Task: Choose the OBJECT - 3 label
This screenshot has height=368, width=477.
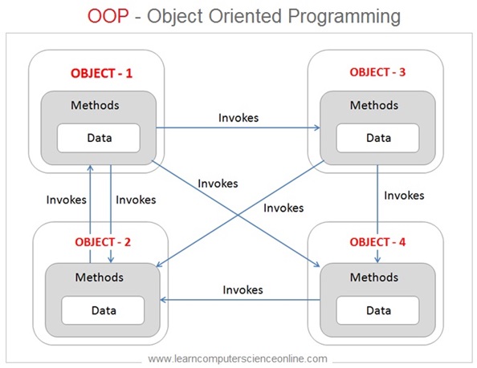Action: [x=377, y=71]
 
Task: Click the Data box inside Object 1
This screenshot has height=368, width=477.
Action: [x=99, y=138]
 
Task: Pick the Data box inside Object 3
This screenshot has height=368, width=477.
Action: [x=377, y=138]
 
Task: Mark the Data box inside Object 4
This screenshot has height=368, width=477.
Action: [x=377, y=309]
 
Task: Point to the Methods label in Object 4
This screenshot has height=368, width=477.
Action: [x=377, y=277]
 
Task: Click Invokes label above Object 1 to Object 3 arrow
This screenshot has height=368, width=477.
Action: [x=238, y=117]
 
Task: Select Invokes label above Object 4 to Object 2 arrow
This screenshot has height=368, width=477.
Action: [x=243, y=289]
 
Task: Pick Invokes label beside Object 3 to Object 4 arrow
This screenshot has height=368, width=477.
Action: [x=404, y=195]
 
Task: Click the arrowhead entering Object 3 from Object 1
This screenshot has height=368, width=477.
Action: [x=316, y=127]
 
